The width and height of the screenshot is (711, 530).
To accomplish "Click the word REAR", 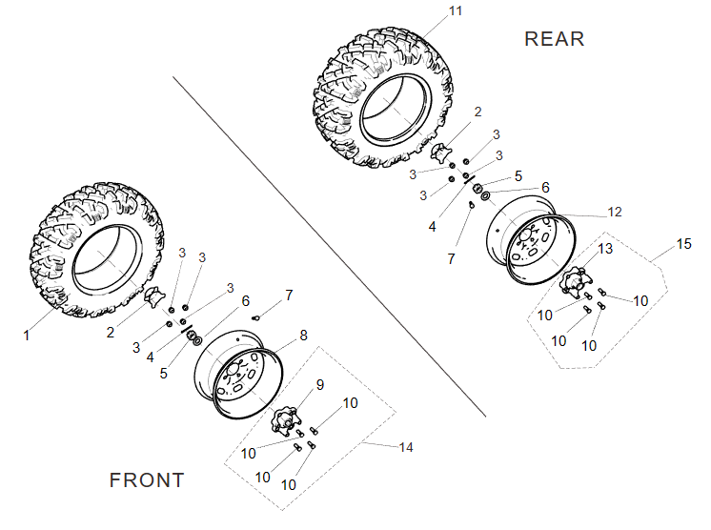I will [x=554, y=38].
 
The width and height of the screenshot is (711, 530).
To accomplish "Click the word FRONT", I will [x=147, y=479].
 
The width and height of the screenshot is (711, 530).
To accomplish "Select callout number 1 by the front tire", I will [x=28, y=335].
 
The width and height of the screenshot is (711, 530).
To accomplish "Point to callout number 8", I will [x=303, y=335].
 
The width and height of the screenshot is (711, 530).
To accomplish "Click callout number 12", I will [x=614, y=212].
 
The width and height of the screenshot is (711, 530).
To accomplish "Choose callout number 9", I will [x=320, y=384].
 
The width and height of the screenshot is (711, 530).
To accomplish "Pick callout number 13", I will [x=605, y=250].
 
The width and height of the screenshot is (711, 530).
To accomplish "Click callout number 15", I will [x=683, y=245].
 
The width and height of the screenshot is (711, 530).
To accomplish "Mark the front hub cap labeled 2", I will [x=156, y=299].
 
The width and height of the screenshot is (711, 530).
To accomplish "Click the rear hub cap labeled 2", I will [x=443, y=153].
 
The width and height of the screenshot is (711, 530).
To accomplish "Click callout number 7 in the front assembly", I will [x=289, y=295].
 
